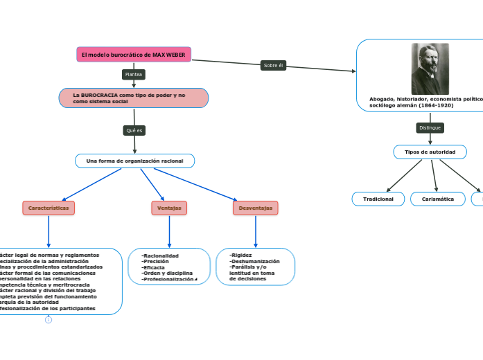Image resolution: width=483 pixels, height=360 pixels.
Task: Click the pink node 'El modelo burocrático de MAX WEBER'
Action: (x=133, y=55)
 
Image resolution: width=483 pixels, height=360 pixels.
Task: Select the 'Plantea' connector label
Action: (x=133, y=74)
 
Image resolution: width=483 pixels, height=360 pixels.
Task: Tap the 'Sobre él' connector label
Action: (x=273, y=65)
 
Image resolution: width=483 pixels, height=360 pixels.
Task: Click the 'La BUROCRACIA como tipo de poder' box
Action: (x=133, y=98)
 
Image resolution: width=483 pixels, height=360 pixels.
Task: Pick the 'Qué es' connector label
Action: (x=134, y=130)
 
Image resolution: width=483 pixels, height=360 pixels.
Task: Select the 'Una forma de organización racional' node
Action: (x=134, y=161)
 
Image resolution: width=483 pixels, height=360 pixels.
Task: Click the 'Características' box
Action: (x=49, y=208)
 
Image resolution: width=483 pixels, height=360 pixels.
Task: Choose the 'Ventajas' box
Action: (x=169, y=208)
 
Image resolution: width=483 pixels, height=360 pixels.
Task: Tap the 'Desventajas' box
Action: (x=255, y=208)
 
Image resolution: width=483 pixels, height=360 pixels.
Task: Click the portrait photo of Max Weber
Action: (x=430, y=69)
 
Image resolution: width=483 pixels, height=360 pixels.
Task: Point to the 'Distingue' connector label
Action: (x=430, y=128)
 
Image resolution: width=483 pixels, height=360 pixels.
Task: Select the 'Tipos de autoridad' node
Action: (x=430, y=152)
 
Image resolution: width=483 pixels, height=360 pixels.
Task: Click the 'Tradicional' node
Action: (x=378, y=199)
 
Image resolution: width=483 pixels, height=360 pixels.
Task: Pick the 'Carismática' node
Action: (x=437, y=199)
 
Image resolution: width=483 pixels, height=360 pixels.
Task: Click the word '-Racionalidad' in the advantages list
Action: (x=160, y=255)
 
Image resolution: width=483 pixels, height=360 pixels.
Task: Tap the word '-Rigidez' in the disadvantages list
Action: (x=240, y=255)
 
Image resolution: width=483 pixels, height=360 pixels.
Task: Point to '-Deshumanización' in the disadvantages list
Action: (x=254, y=261)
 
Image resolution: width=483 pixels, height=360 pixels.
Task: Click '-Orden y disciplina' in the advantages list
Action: (x=167, y=273)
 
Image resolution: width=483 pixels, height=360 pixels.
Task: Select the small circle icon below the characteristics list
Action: (x=49, y=319)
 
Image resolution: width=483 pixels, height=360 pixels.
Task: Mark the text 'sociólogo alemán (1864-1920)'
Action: (x=412, y=105)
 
